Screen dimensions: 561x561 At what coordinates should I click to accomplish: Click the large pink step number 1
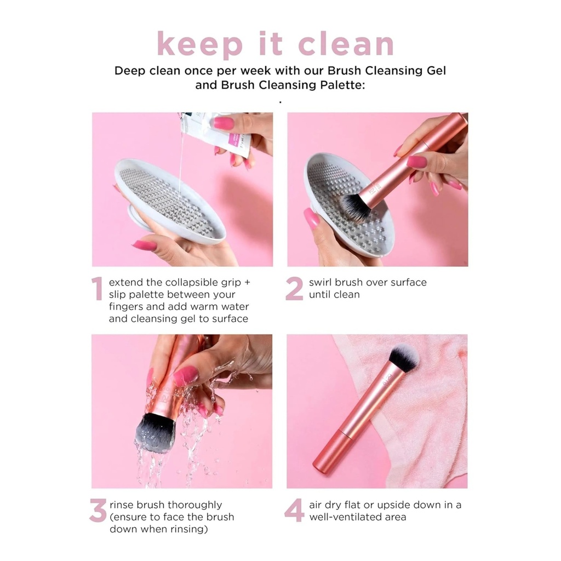(x=97, y=289)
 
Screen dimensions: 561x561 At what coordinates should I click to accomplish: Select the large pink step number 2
(x=294, y=289)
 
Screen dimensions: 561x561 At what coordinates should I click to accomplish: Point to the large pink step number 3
(x=98, y=511)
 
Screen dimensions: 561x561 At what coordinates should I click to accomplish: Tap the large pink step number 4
(x=294, y=511)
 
